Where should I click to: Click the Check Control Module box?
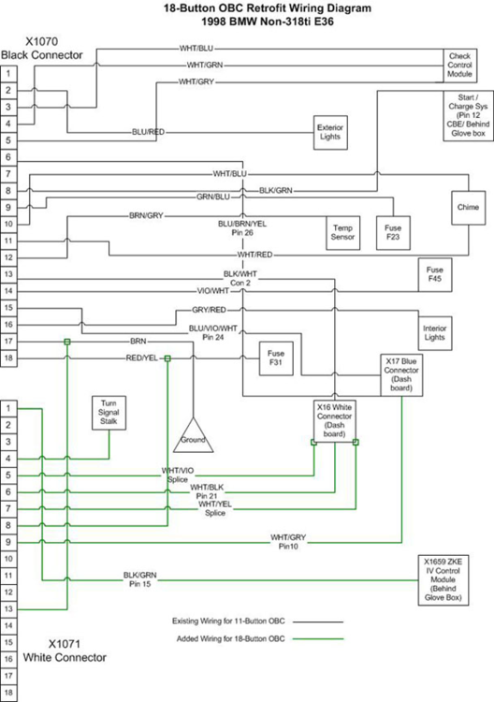460,66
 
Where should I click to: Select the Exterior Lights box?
330,132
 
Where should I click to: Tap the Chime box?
468,207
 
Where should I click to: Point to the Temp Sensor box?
342,232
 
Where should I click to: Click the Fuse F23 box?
393,232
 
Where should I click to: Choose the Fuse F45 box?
435,274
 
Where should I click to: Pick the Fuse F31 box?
276,358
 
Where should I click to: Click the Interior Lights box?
435,333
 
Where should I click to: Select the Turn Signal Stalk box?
109,413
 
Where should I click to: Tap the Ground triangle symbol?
193,435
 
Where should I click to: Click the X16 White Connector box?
335,420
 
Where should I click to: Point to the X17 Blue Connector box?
401,374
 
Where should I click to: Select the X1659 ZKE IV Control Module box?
443,580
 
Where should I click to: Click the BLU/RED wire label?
148,132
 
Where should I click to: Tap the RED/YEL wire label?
142,358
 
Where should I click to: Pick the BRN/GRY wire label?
146,216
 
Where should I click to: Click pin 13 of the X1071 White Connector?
8,609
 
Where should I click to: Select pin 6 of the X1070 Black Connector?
8,157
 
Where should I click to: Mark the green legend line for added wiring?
318,639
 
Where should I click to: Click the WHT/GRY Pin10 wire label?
288,542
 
